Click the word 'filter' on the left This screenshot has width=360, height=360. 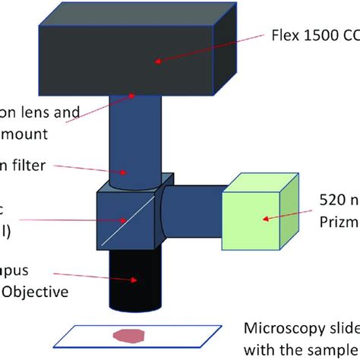click(x=30, y=163)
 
